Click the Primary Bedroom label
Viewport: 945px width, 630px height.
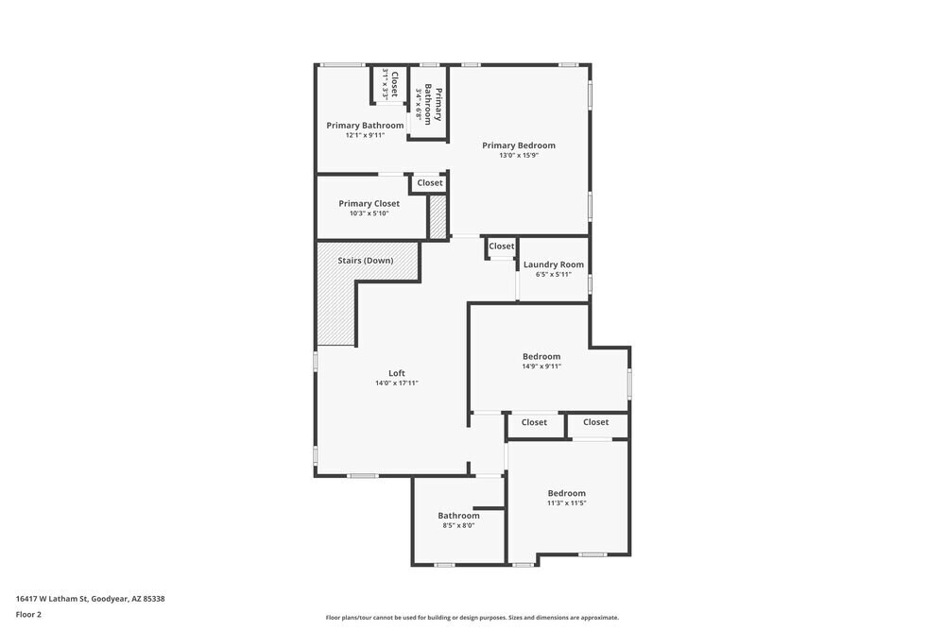point(518,145)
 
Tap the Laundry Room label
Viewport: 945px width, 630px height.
point(554,264)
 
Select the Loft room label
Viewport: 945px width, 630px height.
point(397,373)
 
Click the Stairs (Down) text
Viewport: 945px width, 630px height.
point(366,260)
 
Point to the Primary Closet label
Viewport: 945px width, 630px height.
point(369,203)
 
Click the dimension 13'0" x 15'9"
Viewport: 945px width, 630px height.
point(518,156)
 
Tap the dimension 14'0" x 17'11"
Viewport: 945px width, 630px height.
point(397,383)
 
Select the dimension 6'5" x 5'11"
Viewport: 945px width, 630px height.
point(554,275)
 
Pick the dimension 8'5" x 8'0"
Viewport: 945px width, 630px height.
point(458,525)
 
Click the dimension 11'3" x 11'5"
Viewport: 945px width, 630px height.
point(567,503)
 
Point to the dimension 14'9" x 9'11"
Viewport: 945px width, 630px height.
point(541,366)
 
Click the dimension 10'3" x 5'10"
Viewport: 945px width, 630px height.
point(369,213)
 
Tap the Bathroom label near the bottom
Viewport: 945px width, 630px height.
point(458,515)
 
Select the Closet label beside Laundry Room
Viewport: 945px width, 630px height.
point(502,247)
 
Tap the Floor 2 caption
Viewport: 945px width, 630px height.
point(28,614)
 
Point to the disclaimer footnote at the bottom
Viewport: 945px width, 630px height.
point(472,618)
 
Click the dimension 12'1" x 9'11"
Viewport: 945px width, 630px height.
point(365,135)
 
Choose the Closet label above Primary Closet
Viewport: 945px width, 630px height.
point(430,183)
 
